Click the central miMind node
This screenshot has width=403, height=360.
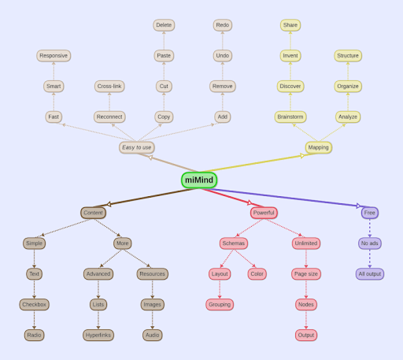(199, 180)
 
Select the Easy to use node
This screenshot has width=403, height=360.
(136, 147)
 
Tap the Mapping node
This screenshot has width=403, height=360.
(319, 147)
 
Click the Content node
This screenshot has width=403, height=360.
(93, 213)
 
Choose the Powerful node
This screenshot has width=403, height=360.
(264, 213)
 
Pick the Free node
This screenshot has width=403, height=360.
(370, 213)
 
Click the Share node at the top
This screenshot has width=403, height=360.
(290, 25)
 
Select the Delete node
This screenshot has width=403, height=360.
(164, 25)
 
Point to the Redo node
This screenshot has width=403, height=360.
(223, 25)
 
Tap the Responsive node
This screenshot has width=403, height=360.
(54, 56)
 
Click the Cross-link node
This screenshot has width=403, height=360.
(109, 87)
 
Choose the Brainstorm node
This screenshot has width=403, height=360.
(290, 117)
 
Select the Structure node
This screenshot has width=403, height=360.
(348, 56)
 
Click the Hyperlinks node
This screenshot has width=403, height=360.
(98, 336)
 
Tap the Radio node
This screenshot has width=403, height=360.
(34, 336)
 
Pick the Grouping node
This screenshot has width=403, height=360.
(220, 305)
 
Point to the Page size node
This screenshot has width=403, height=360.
(306, 274)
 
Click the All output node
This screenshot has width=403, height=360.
(370, 274)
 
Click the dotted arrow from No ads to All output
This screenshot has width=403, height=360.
(370, 259)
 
